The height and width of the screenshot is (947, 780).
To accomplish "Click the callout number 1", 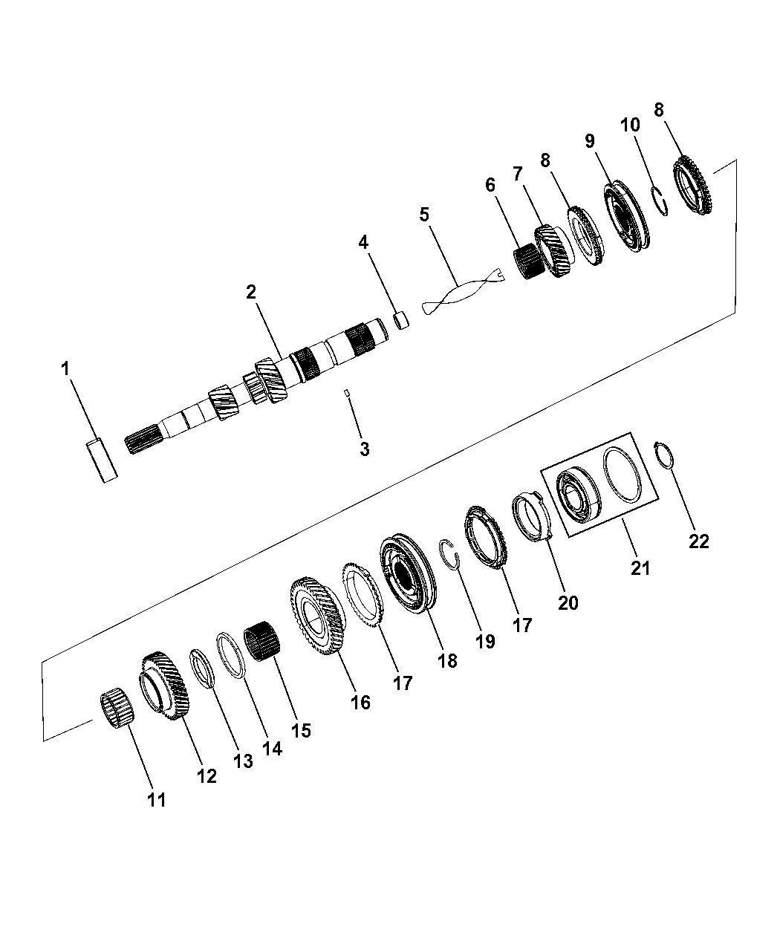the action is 66,368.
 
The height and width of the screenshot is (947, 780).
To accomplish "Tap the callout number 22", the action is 699,541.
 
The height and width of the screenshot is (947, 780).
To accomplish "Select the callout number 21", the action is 640,568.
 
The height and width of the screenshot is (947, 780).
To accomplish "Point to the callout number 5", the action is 424,214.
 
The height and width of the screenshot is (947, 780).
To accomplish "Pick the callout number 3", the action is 365,449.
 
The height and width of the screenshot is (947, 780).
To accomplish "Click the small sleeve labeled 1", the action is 102,461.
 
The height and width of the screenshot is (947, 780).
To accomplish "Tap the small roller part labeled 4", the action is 401,319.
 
